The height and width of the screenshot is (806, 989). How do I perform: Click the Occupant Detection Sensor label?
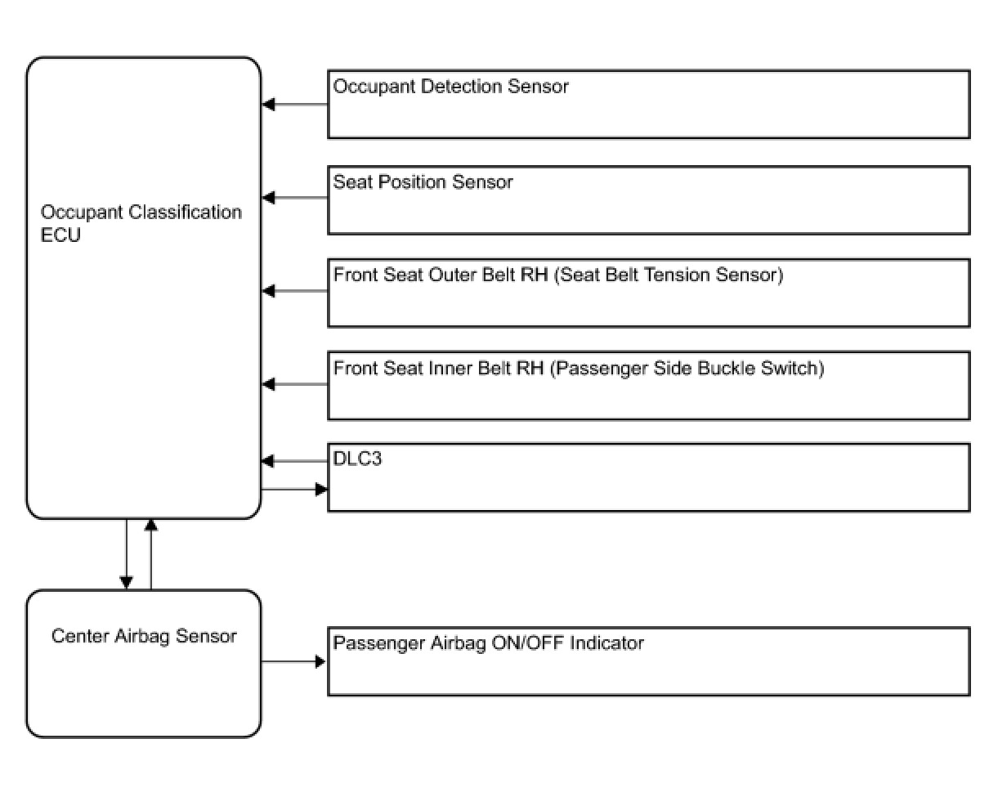450,87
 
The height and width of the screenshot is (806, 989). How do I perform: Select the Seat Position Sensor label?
423,182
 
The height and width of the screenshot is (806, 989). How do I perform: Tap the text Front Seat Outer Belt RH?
441,275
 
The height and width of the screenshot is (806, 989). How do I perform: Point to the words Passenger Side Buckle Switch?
687,368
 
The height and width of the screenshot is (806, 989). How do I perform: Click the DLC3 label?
357,459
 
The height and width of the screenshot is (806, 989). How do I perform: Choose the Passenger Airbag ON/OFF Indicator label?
489,643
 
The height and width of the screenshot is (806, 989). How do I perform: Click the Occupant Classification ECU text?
141,223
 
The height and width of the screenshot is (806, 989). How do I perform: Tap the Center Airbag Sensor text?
144,636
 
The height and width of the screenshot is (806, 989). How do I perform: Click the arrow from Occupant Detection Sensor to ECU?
295,105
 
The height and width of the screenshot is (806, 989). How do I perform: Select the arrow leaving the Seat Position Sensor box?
295,198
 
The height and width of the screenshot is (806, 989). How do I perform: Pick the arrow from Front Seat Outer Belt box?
295,291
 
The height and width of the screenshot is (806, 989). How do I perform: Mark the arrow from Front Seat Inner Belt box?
295,384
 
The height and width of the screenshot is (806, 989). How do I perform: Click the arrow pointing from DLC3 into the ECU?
295,461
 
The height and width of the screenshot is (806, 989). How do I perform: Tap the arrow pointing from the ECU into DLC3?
294,490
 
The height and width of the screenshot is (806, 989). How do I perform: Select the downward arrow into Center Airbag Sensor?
127,554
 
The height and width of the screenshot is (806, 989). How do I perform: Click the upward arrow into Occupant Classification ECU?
151,554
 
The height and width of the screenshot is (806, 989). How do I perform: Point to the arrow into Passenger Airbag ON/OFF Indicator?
293,661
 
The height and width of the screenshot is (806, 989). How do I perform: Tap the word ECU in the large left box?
60,235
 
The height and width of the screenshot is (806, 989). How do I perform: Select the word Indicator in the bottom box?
606,643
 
